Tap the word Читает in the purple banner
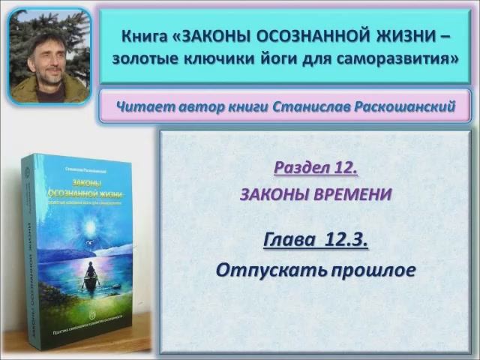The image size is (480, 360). [x=143, y=108]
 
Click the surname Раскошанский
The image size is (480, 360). [x=402, y=108]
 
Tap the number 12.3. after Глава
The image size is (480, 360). [x=347, y=241]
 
